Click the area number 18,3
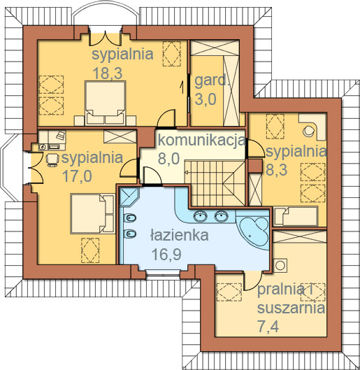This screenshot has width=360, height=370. tap(108, 73)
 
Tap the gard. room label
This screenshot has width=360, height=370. tap(212, 80)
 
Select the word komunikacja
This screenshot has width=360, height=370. tap(201, 140)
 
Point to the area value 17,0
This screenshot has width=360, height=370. tap(77, 176)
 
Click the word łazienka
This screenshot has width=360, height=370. tap(180, 235)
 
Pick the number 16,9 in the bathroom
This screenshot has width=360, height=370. tap(166, 254)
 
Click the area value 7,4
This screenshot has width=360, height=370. tap(268, 327)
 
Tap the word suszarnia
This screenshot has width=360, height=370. tap(291, 308)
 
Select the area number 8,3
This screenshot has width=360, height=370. tap(277, 170)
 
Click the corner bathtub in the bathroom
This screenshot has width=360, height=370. tap(254, 232)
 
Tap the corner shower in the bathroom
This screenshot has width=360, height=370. tap(129, 197)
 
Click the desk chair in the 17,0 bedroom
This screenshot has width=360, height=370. tap(52, 159)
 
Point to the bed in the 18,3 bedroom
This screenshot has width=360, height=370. tap(105, 103)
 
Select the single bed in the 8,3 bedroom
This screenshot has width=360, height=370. tap(296, 216)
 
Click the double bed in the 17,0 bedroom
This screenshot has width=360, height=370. tap(92, 213)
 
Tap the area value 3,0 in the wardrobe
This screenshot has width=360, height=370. tap(206, 99)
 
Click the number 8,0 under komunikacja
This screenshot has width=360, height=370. tap(168, 158)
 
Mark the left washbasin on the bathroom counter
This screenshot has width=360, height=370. tap(201, 215)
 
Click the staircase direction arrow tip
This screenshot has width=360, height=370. tap(185, 172)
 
